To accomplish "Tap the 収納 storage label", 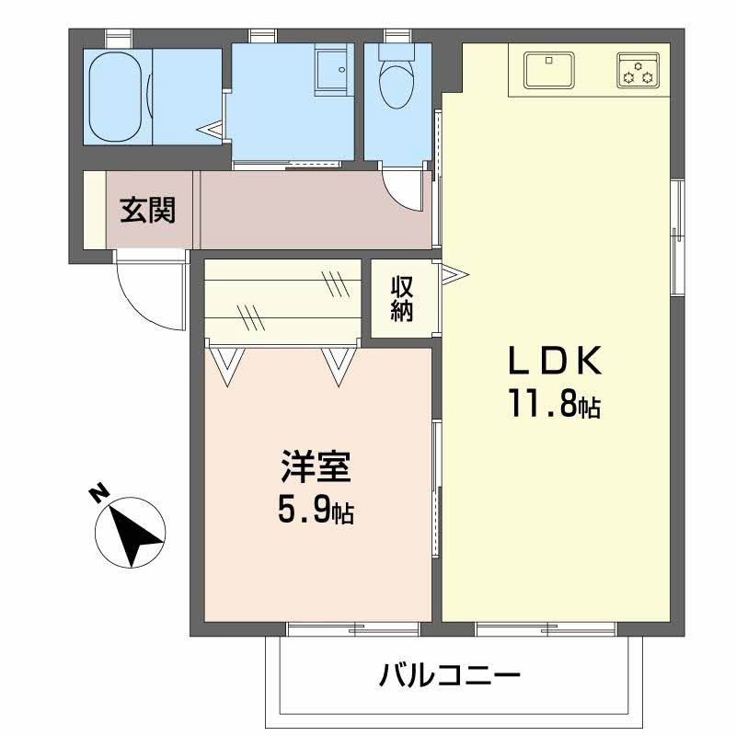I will click(402, 298).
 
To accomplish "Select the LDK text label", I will click(556, 362).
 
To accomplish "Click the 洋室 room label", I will click(316, 468).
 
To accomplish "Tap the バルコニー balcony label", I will click(450, 678).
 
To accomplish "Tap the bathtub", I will click(118, 96).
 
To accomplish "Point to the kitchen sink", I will click(549, 70).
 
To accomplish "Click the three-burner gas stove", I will click(637, 71).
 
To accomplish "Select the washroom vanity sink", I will click(331, 70).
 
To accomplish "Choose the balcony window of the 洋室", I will click(353, 629).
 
